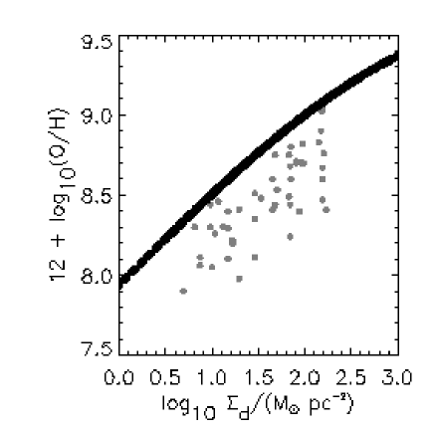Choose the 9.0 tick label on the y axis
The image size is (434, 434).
coord(95,116)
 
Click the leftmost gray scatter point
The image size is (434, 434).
coord(183,291)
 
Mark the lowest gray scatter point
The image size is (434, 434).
coord(183,291)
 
